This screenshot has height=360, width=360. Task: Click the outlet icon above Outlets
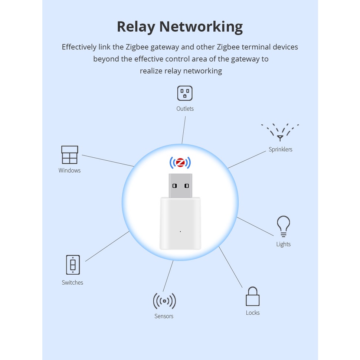[185, 93]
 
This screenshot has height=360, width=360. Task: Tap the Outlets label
[185, 109]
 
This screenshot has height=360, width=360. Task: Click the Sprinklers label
[280, 150]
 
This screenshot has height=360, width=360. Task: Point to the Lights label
[283, 244]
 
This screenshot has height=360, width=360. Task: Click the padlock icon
[252, 297]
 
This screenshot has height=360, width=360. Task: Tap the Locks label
[252, 313]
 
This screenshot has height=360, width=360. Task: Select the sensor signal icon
[164, 301]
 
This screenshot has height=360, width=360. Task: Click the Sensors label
[164, 316]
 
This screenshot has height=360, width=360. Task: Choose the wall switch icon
[73, 265]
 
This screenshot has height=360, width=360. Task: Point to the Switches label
[72, 282]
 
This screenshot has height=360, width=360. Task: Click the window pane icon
[69, 155]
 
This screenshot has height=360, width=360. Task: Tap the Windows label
[69, 170]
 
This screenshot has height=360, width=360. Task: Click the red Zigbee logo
[180, 163]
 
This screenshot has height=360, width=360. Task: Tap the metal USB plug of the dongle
[180, 185]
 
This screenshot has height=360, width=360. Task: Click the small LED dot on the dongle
[180, 232]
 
